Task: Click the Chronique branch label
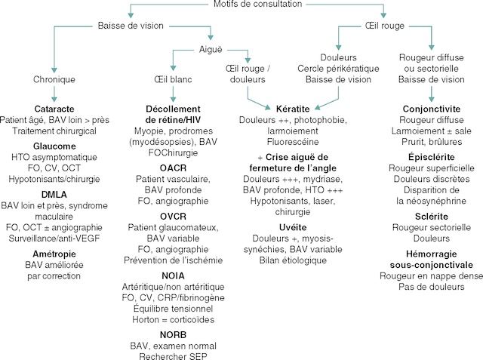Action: (55, 78)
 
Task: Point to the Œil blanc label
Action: (174, 78)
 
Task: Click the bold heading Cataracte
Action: (54, 108)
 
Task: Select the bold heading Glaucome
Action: (54, 146)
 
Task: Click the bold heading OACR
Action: (173, 168)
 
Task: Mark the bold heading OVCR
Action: (173, 216)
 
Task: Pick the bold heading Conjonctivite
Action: (431, 109)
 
